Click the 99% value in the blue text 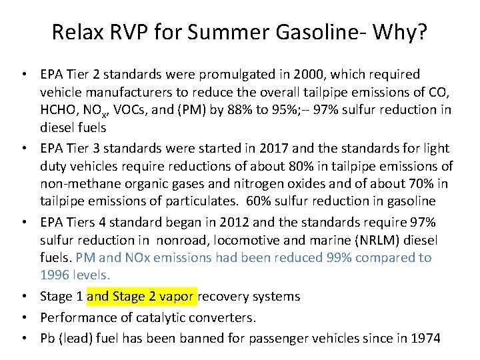[351, 257]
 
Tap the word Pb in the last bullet [49, 338]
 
